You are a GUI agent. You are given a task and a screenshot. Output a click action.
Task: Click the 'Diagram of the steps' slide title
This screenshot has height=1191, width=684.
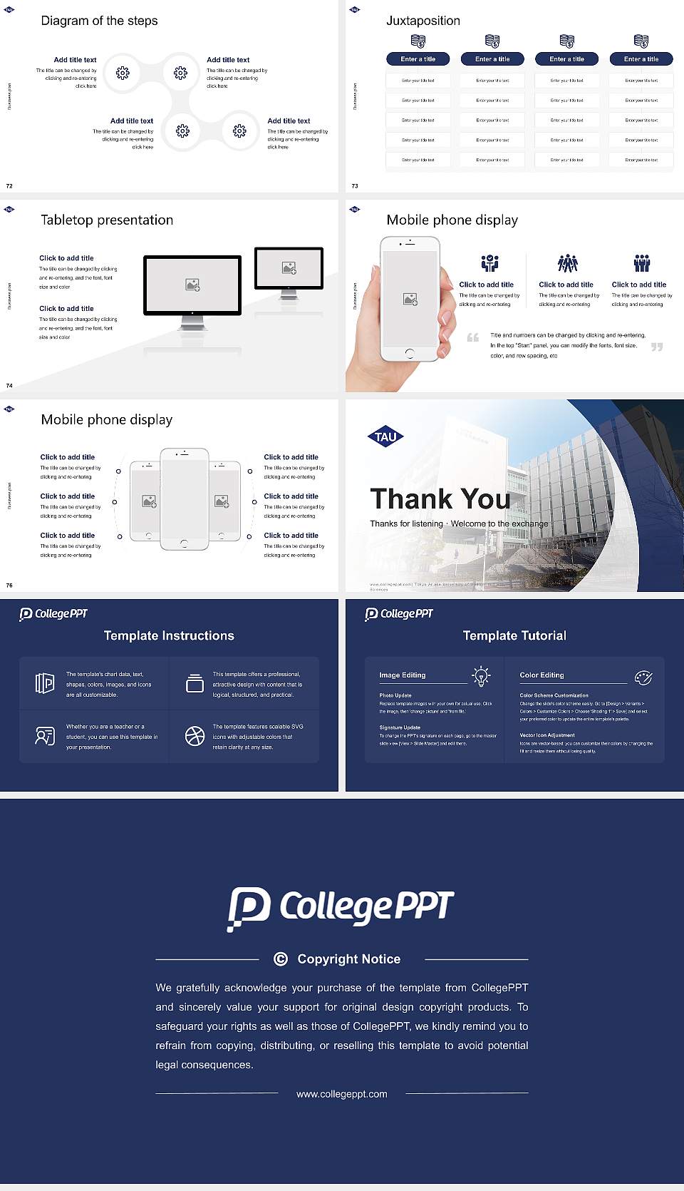click(99, 21)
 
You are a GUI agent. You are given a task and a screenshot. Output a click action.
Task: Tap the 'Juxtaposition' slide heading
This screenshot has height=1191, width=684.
click(423, 21)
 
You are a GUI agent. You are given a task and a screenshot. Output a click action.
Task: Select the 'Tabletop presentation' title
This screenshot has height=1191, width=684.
click(107, 220)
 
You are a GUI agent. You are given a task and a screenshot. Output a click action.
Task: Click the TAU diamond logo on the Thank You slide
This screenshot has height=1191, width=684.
click(385, 437)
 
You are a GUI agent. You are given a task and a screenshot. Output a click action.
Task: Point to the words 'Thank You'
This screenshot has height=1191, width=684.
click(440, 499)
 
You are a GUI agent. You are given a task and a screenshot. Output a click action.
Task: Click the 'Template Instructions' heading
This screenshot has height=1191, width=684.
click(169, 635)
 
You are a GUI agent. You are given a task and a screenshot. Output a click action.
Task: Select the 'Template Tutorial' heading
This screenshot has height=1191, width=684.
click(514, 635)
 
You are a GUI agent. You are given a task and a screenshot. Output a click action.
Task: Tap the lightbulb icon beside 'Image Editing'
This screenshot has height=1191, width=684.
click(481, 676)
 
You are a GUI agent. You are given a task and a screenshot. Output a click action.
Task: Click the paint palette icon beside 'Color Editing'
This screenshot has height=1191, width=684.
click(643, 677)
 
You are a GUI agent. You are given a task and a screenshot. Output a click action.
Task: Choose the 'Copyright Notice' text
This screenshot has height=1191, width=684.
click(348, 959)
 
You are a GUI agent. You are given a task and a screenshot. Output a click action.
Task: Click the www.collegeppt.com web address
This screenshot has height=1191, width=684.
click(342, 1094)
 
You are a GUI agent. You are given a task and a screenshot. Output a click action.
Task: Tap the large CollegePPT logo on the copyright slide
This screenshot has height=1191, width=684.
click(341, 908)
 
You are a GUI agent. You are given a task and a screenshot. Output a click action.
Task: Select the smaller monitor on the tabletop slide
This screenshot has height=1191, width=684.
click(289, 269)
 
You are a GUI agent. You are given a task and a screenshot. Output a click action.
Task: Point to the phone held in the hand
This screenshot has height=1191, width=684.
click(410, 300)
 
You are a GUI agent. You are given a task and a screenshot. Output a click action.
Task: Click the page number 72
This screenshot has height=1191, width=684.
click(9, 186)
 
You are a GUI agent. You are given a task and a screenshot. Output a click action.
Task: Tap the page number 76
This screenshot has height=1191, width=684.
click(9, 586)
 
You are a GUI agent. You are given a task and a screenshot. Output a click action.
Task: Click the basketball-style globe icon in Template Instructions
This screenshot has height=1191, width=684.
click(195, 736)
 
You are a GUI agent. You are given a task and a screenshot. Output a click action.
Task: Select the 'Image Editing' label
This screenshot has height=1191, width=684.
click(402, 675)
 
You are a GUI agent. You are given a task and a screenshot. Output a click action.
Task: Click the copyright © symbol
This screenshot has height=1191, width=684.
click(281, 959)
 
